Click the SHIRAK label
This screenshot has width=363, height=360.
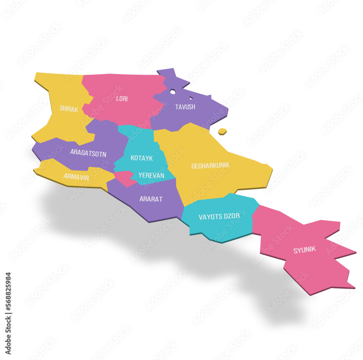(69, 109)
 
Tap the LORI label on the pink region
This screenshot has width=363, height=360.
(122, 99)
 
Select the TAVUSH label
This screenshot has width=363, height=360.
(185, 107)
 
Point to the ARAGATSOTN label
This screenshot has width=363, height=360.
(88, 153)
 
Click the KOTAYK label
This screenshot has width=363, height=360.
(142, 158)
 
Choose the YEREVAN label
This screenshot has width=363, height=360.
(151, 175)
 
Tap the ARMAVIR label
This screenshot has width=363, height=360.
(76, 177)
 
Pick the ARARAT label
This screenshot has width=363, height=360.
(151, 199)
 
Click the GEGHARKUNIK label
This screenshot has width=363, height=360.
(210, 166)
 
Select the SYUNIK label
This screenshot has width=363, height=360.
(304, 249)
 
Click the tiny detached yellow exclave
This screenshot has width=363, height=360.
(223, 131)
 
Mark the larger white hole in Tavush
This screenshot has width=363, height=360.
(173, 92)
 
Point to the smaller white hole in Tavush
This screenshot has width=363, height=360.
(191, 98)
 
